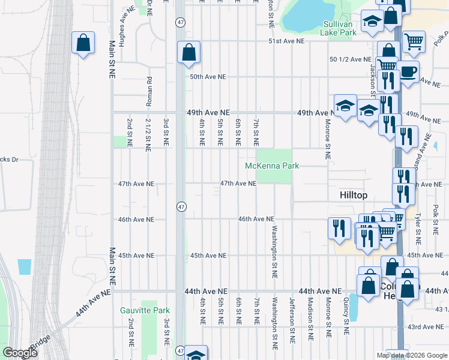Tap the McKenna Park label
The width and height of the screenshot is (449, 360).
(271, 166)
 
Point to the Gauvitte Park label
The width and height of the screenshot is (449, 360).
(145, 310)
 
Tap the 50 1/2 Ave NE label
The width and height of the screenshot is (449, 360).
(351, 59)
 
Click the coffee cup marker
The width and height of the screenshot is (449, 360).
(408, 71)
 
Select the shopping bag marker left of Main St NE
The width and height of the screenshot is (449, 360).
(83, 43)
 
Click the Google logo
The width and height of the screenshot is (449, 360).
(20, 353)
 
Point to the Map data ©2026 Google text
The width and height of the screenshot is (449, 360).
(411, 355)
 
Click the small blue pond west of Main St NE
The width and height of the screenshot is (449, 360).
(25, 267)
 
